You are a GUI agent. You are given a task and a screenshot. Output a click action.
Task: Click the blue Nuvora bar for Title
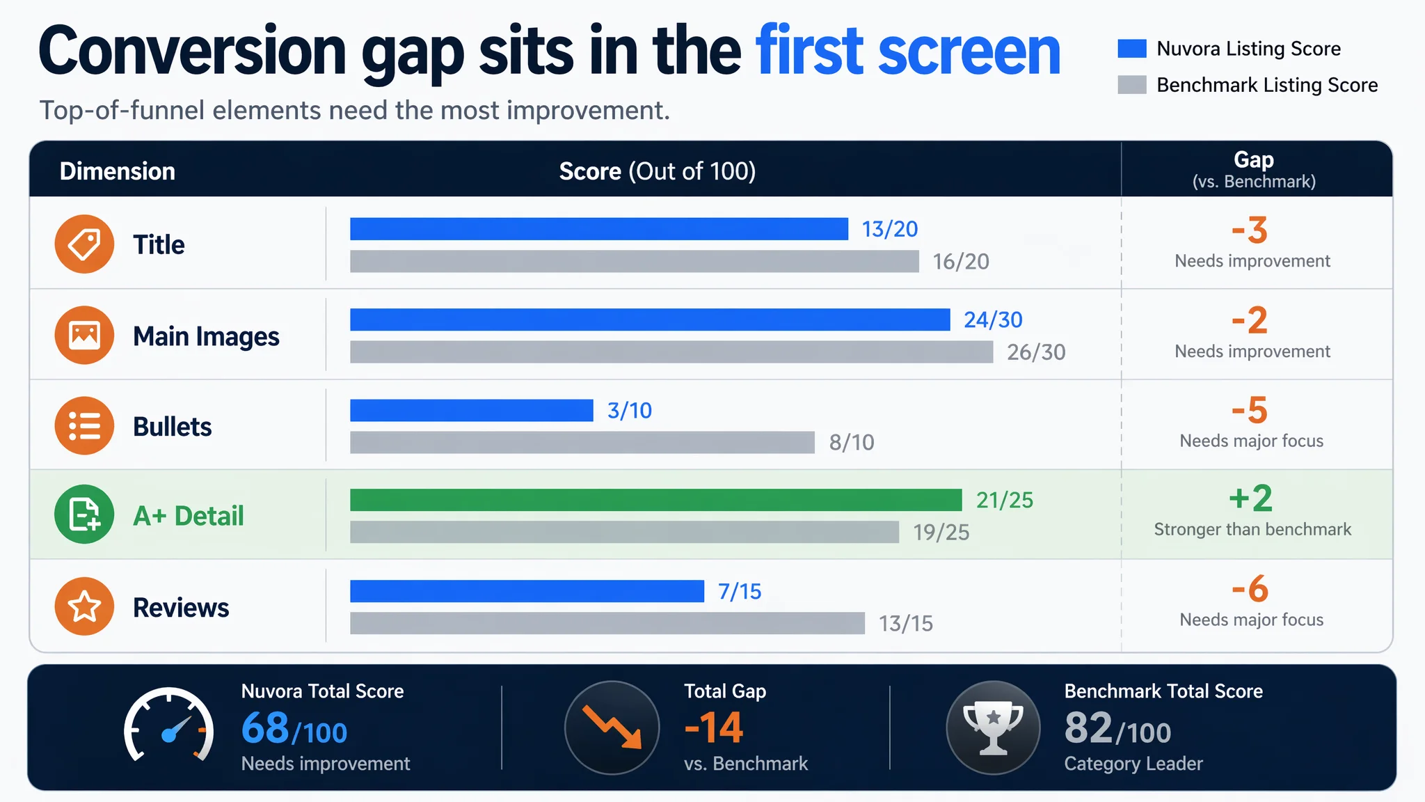pos(599,229)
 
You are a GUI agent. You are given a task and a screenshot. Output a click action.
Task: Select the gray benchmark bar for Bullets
pos(582,443)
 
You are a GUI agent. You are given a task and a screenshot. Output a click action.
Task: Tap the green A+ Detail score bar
pos(656,500)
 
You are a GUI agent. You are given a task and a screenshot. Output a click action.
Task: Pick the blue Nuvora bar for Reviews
pos(527,591)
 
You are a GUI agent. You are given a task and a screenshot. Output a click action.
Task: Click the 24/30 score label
pos(993,320)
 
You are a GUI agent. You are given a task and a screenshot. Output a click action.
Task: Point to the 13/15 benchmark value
pos(905,623)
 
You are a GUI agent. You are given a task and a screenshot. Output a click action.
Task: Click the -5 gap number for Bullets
pos(1250,410)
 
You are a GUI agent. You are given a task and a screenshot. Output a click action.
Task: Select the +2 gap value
pos(1250,498)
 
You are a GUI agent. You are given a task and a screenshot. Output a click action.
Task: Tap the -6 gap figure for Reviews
pos(1250,590)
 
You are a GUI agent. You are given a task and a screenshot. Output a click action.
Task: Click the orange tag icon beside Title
pos(84,244)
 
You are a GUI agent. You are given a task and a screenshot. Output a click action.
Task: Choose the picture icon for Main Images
pos(84,335)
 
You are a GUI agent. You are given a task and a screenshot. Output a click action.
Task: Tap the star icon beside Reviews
pos(84,606)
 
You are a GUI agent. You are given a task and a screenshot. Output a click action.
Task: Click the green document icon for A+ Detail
pos(84,514)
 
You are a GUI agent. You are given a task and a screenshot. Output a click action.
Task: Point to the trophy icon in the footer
pos(993,728)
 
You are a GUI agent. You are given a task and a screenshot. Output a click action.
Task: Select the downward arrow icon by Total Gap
pos(612,728)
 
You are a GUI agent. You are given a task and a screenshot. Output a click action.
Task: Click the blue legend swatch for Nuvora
pos(1132,49)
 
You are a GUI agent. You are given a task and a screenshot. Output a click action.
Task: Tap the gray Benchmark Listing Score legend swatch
pos(1132,85)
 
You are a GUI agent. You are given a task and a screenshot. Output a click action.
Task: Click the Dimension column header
pos(118,171)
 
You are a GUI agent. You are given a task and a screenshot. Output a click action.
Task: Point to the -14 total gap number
pos(714,728)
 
